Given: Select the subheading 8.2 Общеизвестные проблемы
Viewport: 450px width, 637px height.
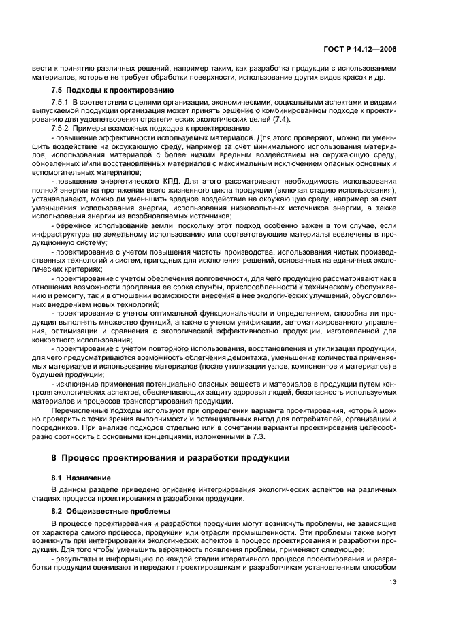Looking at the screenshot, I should click(103, 510).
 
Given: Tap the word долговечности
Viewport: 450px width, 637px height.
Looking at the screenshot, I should click(208, 278).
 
